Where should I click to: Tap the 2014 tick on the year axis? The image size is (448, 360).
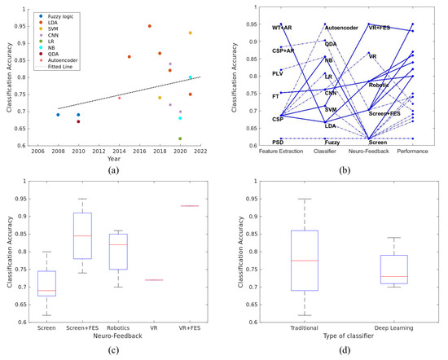[119, 151]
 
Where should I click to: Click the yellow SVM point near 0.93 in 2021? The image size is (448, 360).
[191, 33]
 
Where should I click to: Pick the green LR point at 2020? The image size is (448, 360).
[180, 138]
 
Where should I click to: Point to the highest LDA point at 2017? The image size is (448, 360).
[149, 26]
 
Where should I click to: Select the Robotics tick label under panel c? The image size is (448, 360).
[119, 327]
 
